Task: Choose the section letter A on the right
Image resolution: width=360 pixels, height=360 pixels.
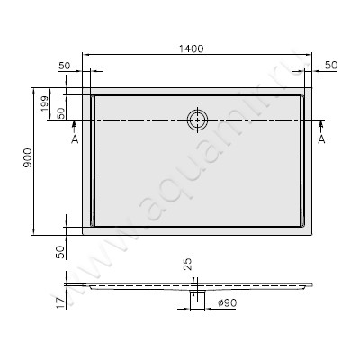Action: pos(321,140)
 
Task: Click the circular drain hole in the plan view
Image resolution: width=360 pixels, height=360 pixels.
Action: pos(196,120)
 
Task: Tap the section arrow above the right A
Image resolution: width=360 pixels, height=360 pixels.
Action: pos(321,128)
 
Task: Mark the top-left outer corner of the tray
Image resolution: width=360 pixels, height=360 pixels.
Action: pos(83,88)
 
